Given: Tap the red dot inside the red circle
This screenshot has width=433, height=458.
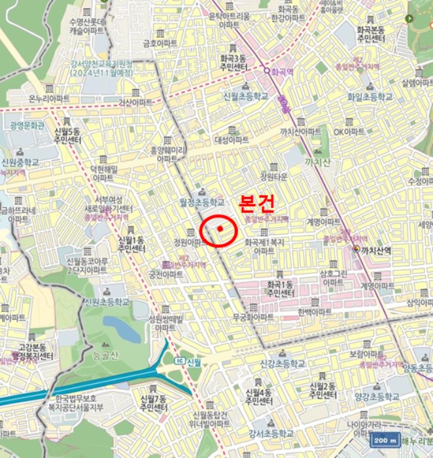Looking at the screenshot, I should (x=220, y=228).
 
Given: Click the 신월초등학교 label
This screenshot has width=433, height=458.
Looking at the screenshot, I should (x=246, y=96).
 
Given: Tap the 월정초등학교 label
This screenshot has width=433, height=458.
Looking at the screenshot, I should (x=201, y=203).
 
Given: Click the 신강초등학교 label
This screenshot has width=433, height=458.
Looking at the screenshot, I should (x=283, y=364).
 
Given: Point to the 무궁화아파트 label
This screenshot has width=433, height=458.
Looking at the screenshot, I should (x=252, y=317).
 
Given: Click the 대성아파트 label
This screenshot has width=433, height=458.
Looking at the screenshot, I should (x=232, y=140).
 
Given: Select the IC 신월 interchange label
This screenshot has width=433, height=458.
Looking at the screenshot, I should (x=188, y=362).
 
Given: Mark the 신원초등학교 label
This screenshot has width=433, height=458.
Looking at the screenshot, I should (x=107, y=302).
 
